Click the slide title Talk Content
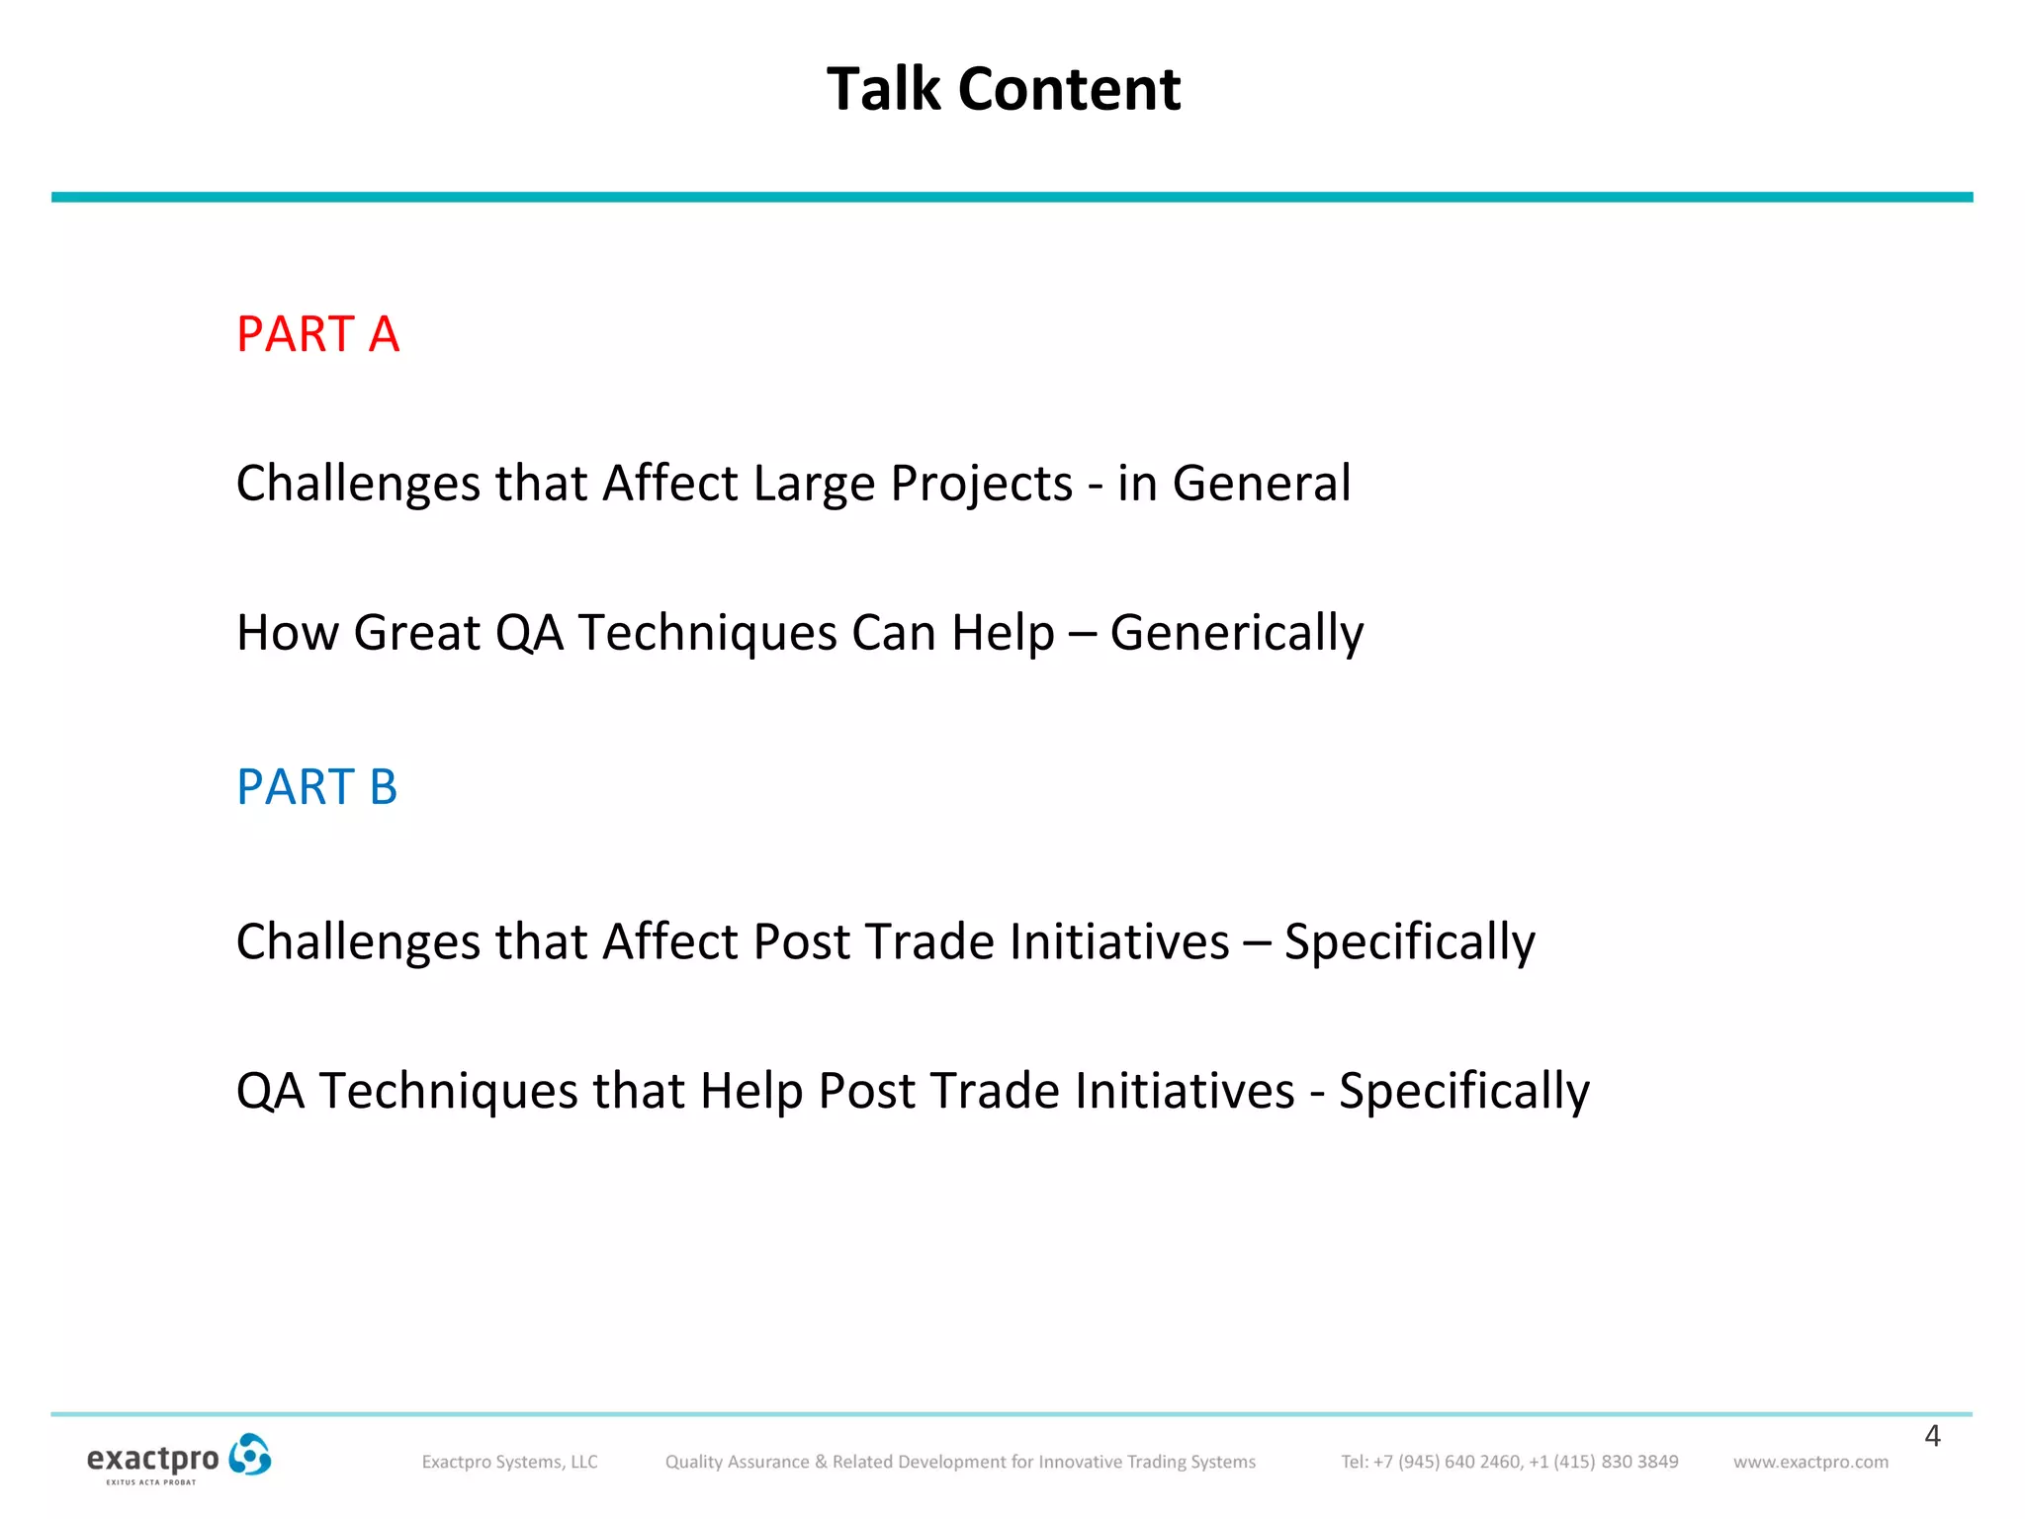1003,89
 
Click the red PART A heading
317,334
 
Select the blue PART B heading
316,787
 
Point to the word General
1261,484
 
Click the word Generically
1236,633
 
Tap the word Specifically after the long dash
1409,941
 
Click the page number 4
1932,1436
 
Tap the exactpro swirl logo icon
249,1456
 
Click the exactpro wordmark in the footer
152,1459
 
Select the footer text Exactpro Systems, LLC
509,1462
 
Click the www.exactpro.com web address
1810,1462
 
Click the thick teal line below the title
1012,197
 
